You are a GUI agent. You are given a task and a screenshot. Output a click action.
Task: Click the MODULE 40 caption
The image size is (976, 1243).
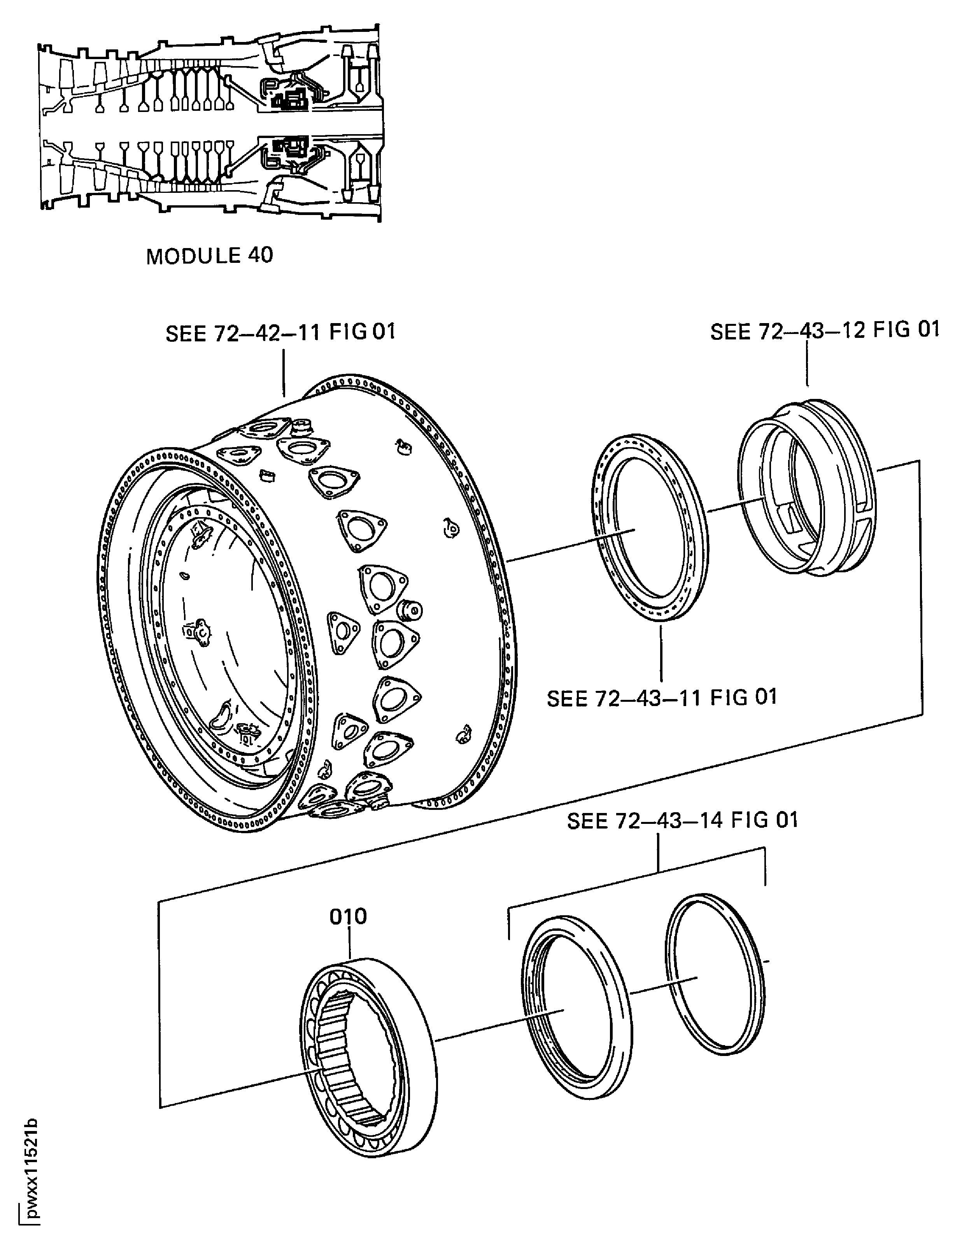(x=209, y=255)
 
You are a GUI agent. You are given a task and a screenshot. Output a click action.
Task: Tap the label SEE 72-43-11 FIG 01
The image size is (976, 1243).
(x=662, y=698)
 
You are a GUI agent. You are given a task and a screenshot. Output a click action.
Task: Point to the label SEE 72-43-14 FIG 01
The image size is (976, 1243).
(x=682, y=821)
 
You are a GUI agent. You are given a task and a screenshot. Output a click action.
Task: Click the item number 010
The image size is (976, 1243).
(x=348, y=916)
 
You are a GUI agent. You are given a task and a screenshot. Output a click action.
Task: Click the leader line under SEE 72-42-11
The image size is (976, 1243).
(x=284, y=371)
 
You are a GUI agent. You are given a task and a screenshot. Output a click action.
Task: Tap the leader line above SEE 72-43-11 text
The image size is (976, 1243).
(x=661, y=651)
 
